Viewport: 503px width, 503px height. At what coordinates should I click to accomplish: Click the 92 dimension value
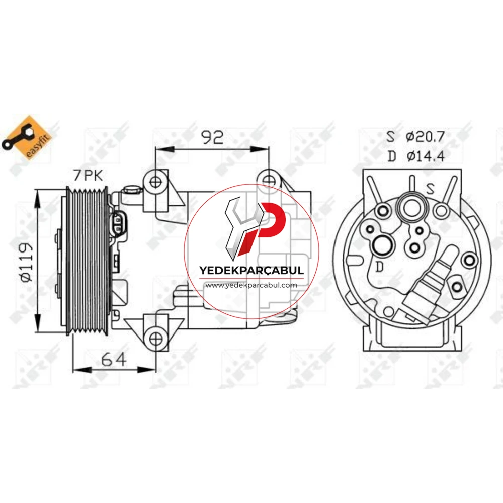[x=212, y=137]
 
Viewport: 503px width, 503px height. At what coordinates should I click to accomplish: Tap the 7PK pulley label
[x=88, y=175]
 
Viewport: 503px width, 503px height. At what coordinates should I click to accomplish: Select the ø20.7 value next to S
[x=425, y=137]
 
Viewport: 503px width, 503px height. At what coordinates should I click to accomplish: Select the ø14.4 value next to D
[x=426, y=156]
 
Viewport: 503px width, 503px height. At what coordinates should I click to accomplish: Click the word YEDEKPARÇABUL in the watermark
[x=251, y=270]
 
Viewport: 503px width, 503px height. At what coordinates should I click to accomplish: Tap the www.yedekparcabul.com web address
[x=251, y=285]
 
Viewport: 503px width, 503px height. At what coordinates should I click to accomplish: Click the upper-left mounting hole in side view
[x=155, y=182]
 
